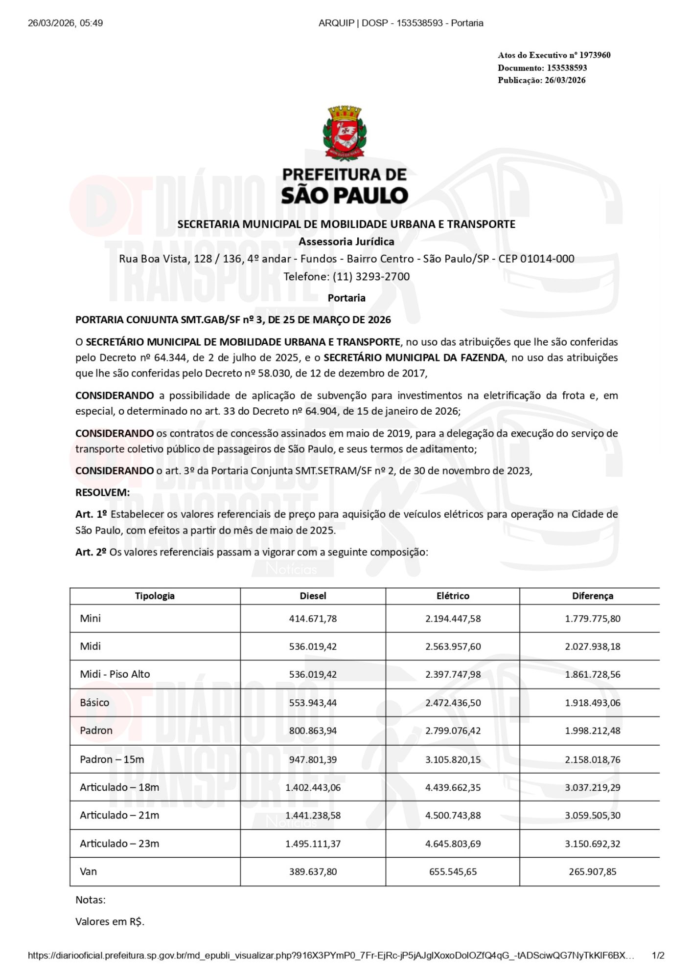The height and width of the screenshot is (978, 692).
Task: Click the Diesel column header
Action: (x=313, y=596)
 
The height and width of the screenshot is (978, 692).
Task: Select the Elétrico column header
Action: (x=453, y=596)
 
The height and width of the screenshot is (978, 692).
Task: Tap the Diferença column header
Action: (x=592, y=596)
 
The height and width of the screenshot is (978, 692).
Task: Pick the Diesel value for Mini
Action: (x=313, y=618)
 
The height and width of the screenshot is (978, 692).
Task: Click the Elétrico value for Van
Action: (x=453, y=871)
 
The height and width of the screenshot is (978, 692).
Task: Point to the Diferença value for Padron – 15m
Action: (x=592, y=759)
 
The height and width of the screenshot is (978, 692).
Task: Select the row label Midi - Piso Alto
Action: (x=115, y=674)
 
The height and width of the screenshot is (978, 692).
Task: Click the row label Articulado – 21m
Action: (x=119, y=815)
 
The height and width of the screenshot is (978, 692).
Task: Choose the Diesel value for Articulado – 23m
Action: (x=313, y=843)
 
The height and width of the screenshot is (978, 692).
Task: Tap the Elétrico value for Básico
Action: (x=453, y=702)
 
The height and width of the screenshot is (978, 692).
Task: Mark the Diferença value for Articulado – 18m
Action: (x=592, y=787)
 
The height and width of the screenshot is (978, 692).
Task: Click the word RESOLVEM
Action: (x=102, y=492)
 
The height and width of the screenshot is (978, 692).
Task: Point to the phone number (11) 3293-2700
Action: (x=371, y=276)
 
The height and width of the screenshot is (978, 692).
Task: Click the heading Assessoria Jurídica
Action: (x=346, y=241)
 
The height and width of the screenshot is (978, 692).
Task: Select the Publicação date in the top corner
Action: (x=565, y=80)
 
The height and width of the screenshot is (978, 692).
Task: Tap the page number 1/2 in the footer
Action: (x=658, y=955)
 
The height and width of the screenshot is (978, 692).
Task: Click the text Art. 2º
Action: (x=91, y=552)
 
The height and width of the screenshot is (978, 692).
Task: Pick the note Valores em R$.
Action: (x=110, y=921)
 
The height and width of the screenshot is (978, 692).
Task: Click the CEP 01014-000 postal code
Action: (x=536, y=259)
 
